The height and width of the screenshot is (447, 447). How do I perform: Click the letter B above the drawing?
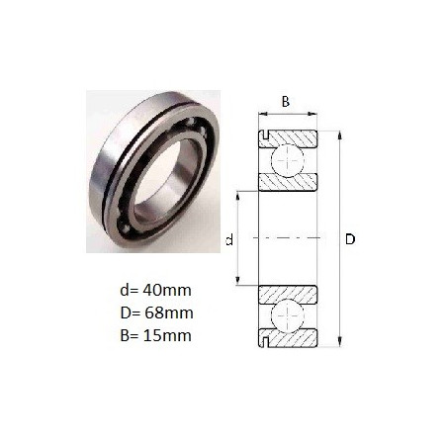286,102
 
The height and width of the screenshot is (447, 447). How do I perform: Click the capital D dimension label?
350,239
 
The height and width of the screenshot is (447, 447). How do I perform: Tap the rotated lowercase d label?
229,239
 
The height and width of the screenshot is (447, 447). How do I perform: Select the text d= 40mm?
155,290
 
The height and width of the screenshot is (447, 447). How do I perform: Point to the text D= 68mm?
156,313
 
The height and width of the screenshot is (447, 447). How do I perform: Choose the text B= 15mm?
155,335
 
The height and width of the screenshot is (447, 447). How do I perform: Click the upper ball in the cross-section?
288,160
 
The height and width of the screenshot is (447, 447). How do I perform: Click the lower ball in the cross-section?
288,316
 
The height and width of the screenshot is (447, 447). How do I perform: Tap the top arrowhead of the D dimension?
340,135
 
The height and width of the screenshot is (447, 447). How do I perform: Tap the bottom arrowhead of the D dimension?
340,342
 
